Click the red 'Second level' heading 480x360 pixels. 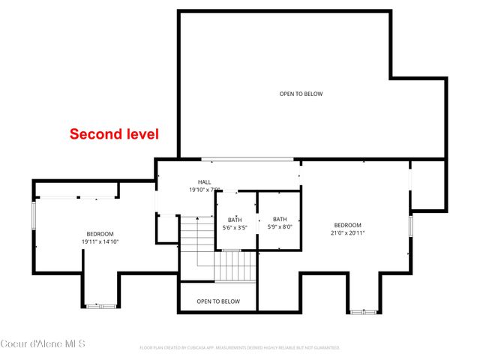[114, 134]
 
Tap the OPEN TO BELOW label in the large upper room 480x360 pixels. [301, 94]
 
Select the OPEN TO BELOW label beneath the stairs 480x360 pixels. [218, 301]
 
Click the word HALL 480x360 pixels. [205, 182]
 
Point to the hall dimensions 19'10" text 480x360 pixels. [205, 190]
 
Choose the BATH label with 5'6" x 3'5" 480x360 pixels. [235, 219]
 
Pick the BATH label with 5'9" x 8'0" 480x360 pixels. [280, 219]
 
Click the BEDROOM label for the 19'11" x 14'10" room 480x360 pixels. [100, 233]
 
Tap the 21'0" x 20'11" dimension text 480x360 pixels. [347, 233]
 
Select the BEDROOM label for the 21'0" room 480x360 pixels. [347, 225]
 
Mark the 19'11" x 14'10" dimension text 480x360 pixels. [100, 241]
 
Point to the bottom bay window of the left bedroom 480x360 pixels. [100, 305]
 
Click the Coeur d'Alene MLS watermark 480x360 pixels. [43, 344]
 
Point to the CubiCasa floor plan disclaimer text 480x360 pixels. [240, 348]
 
